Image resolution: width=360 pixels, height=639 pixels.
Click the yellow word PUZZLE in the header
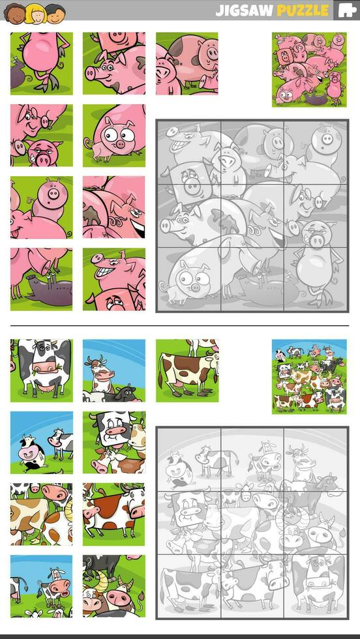pos(303,10)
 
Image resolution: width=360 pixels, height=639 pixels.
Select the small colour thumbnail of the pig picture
pos(309,69)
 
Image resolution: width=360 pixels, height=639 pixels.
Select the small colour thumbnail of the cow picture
pos(309,376)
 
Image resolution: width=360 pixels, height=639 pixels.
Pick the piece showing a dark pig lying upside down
pos(42,279)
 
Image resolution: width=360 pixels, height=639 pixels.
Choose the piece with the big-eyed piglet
pos(114,135)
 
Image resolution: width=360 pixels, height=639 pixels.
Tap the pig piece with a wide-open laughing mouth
pos(114,207)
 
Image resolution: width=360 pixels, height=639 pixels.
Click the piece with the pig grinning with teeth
pos(114,279)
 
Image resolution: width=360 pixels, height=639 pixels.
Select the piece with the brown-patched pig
pos(187,63)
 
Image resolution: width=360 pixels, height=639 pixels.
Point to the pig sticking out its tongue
pos(42,207)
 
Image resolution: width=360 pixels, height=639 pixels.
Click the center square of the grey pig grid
pos(252,215)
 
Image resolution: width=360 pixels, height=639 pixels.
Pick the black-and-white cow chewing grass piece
pos(42,370)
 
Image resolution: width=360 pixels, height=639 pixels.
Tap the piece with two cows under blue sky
pos(42,442)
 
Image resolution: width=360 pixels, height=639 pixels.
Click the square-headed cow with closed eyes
pos(114,442)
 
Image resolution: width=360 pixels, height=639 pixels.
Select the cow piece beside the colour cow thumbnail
pos(187,370)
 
